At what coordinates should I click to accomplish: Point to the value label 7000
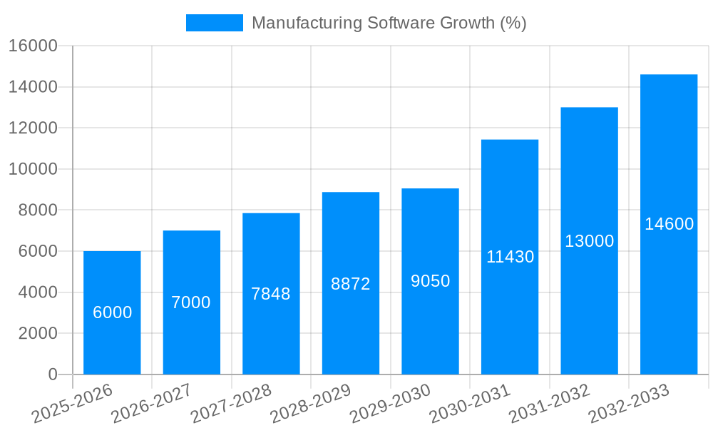(x=191, y=302)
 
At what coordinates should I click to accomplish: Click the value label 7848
(x=271, y=294)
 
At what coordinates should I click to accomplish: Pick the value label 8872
(x=351, y=284)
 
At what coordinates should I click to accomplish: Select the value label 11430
(x=510, y=257)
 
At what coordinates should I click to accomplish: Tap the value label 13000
(x=590, y=241)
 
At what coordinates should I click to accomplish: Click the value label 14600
(x=669, y=224)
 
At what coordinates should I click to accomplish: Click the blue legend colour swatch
(x=214, y=23)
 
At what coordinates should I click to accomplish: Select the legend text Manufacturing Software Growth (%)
(x=389, y=23)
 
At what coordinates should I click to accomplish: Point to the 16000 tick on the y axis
(x=33, y=46)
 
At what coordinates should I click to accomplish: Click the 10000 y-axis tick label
(x=33, y=169)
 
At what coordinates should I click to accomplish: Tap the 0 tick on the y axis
(x=52, y=374)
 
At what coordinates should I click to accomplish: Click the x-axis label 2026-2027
(x=151, y=404)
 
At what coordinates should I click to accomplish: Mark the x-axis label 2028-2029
(x=310, y=404)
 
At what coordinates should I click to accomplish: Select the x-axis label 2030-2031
(x=470, y=404)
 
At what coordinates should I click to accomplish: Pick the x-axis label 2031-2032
(x=549, y=404)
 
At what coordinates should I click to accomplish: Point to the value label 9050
(x=430, y=281)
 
